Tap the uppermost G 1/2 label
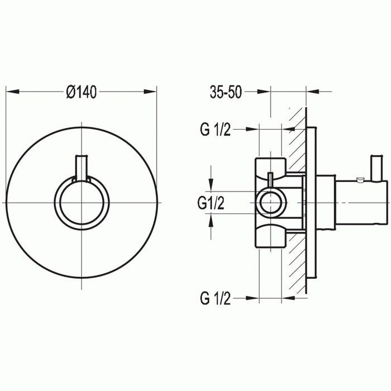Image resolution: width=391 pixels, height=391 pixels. (x=214, y=130)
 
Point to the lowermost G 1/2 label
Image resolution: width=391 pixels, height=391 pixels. (x=214, y=299)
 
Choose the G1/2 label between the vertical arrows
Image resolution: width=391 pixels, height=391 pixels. (x=211, y=204)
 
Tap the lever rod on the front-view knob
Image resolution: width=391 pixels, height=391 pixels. (x=82, y=168)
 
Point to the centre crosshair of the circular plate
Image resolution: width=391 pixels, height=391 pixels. (x=82, y=202)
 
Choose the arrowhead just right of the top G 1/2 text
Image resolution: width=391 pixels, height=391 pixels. (x=254, y=130)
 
